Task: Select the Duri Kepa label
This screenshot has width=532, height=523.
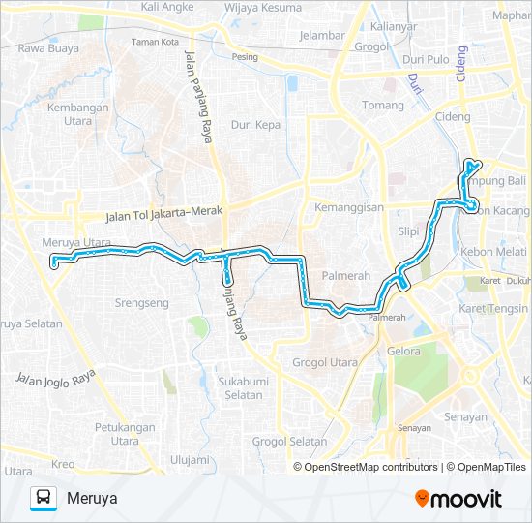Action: [x=255, y=125]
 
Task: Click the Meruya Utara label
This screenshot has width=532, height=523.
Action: [x=77, y=242]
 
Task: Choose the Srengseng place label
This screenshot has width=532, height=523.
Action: [x=141, y=303]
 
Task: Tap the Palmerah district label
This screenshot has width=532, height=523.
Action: [x=346, y=275]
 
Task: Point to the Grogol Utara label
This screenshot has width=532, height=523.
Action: [x=324, y=363]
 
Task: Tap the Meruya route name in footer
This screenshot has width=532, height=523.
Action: [x=93, y=498]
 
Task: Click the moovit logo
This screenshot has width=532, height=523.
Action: [x=458, y=498]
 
